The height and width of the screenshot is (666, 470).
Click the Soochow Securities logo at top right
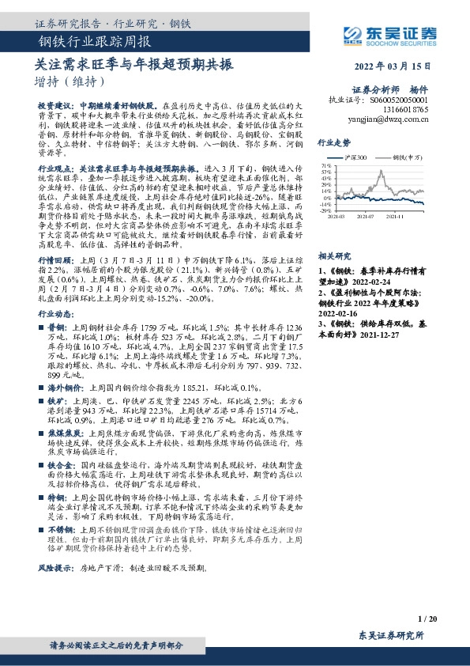403,34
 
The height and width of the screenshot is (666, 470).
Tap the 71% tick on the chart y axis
325,165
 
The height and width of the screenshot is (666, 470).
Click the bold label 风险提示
52,569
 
